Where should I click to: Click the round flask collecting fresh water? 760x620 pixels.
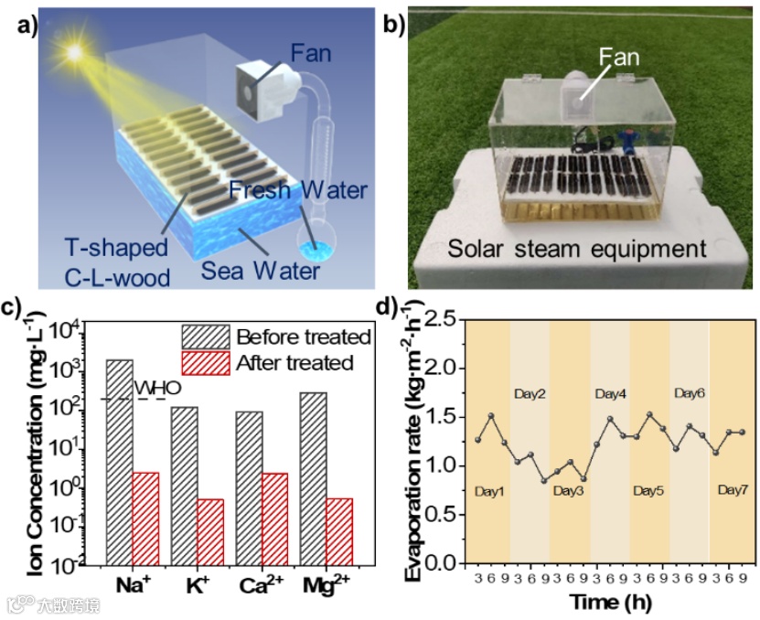(316, 245)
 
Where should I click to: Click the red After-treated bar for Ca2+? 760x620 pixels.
(273, 518)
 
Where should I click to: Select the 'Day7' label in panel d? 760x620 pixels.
(732, 491)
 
